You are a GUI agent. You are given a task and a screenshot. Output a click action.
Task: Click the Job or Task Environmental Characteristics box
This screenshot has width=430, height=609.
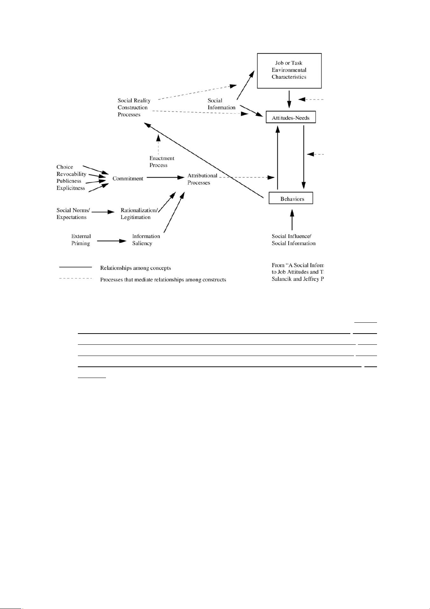click(289, 70)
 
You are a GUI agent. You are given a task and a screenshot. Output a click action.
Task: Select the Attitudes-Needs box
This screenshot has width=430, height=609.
click(291, 118)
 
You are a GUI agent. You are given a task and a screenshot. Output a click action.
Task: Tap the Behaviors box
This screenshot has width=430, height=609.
click(291, 199)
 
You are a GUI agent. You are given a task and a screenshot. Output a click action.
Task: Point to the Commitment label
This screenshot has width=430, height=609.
click(128, 178)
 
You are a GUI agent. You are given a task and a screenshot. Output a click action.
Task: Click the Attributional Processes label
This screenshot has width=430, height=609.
click(202, 179)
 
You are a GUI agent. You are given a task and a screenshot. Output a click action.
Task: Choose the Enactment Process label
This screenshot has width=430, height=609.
click(162, 161)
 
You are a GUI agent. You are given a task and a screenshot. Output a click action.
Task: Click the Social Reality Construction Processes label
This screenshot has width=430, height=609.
click(134, 107)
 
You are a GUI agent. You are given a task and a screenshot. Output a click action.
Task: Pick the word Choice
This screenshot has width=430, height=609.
click(65, 167)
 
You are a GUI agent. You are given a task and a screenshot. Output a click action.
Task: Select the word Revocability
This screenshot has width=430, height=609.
click(71, 174)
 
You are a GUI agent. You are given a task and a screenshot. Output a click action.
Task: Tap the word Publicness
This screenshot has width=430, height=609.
click(69, 181)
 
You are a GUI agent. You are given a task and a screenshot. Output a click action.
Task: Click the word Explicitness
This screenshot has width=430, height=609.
click(71, 188)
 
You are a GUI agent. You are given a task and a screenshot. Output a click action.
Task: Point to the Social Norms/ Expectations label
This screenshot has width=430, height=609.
click(73, 214)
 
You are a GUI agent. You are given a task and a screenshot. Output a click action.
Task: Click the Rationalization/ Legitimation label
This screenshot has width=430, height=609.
click(139, 214)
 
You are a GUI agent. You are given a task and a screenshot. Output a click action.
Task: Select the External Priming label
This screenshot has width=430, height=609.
click(81, 240)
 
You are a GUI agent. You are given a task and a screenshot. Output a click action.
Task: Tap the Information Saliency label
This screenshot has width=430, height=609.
click(146, 240)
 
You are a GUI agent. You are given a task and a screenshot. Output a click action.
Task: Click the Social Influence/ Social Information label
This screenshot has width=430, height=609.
click(293, 240)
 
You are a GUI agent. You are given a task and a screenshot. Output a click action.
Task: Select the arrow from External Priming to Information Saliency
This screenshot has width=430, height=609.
click(112, 241)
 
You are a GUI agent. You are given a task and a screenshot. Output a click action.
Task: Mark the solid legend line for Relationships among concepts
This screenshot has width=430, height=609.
click(75, 267)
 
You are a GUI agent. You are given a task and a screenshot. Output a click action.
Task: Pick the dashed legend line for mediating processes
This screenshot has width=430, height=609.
click(75, 278)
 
